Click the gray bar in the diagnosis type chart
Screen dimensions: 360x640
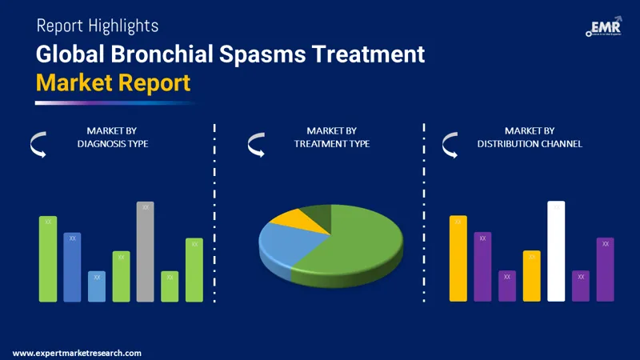tap(145, 251)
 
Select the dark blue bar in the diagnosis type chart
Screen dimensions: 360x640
tap(72, 266)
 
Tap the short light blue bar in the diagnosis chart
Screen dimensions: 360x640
tap(97, 286)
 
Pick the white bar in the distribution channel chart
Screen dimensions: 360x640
tap(556, 251)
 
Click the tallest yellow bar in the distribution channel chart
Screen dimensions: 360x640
tap(458, 258)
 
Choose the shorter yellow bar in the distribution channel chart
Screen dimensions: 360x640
tap(532, 276)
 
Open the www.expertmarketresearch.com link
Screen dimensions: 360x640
tap(77, 353)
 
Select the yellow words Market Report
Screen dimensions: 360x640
tap(113, 82)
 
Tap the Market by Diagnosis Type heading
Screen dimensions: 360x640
tap(113, 137)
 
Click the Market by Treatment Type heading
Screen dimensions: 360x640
tap(331, 137)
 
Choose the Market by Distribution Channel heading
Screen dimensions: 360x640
tap(530, 137)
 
